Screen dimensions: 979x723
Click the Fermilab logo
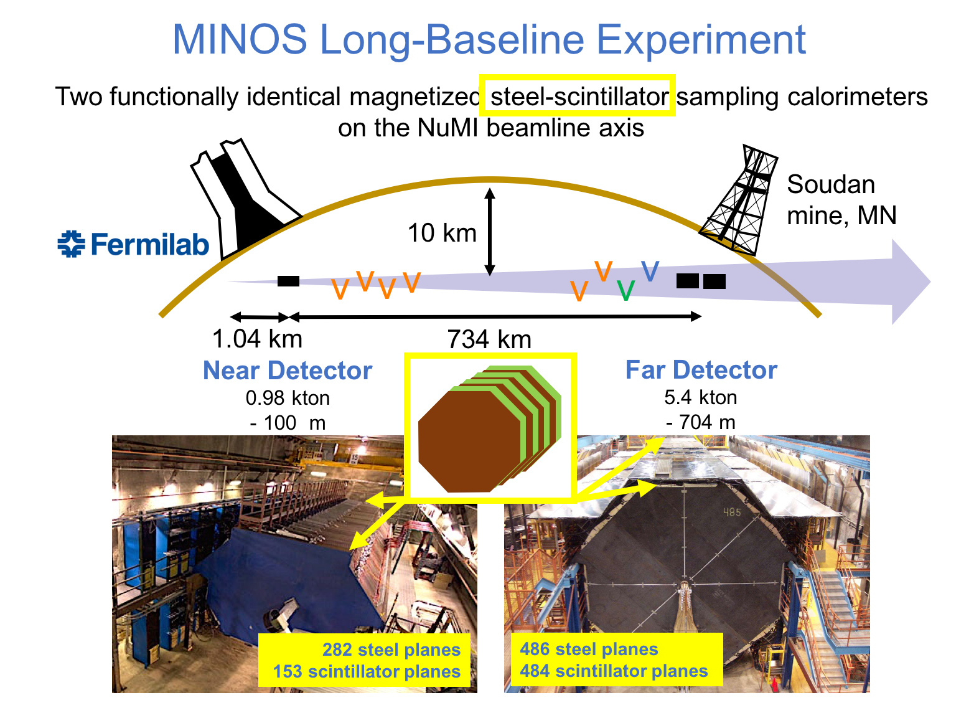click(x=133, y=243)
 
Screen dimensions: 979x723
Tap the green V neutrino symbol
click(x=625, y=290)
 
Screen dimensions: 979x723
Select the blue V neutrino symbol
click(x=650, y=271)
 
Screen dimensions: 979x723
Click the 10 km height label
click(x=442, y=233)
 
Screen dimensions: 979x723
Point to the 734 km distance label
click(x=489, y=339)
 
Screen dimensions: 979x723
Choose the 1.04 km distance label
click(x=257, y=339)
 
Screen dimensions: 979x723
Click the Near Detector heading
click(x=288, y=370)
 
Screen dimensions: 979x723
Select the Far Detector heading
click(x=701, y=370)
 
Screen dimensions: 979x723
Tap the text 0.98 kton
click(x=288, y=398)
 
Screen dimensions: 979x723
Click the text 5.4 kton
click(x=700, y=397)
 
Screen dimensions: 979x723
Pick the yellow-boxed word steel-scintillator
click(x=579, y=97)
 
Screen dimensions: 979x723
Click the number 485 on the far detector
click(x=732, y=513)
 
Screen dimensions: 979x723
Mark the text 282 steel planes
click(x=391, y=650)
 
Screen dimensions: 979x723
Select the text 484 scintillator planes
click(x=614, y=671)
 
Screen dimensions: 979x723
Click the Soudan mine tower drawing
click(x=739, y=200)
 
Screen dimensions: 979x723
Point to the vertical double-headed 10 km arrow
click(x=489, y=232)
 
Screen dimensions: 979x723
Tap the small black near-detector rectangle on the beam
click(x=288, y=281)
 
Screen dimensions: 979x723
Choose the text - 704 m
click(x=700, y=422)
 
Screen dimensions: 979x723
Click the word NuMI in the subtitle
click(x=447, y=128)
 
